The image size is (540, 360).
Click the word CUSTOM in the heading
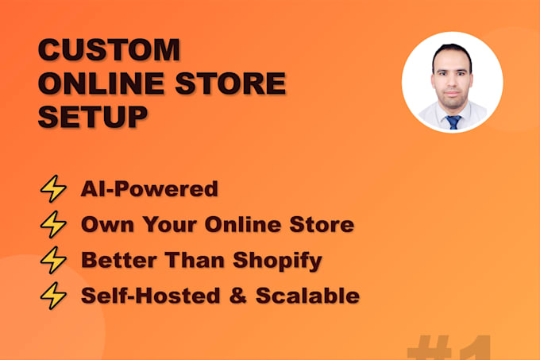[x=109, y=49]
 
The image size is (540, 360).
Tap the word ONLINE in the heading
[x=102, y=83]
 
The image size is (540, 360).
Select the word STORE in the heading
[x=231, y=83]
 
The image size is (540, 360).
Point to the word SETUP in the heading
[x=93, y=117]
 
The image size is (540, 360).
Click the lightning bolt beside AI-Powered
[x=53, y=188]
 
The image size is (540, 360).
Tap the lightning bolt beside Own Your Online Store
[x=53, y=224]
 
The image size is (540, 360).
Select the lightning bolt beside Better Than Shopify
[x=53, y=260]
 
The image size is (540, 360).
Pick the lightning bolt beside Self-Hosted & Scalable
[x=53, y=296]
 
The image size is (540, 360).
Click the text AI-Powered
[x=149, y=189]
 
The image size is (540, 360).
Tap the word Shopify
[x=278, y=261]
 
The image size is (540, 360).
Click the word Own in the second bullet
[x=107, y=225]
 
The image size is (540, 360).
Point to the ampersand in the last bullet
[x=238, y=296]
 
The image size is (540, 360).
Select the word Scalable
[x=308, y=296]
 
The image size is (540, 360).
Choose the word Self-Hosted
[x=151, y=296]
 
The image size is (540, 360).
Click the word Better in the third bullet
[x=119, y=260]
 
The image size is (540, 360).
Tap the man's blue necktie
[x=453, y=122]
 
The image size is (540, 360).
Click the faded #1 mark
[x=449, y=347]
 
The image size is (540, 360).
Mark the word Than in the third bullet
[x=195, y=260]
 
